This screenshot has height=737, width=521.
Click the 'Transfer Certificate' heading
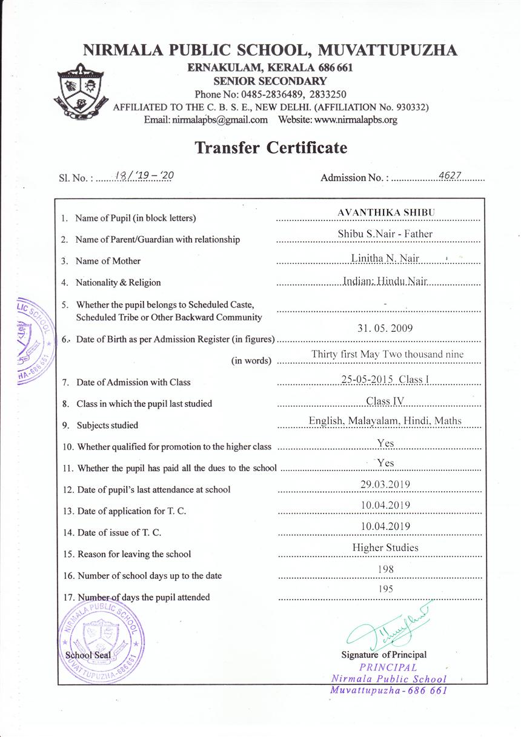pyautogui.click(x=271, y=148)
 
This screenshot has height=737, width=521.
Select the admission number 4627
pyautogui.click(x=450, y=176)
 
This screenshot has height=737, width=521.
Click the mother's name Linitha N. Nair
pyautogui.click(x=385, y=259)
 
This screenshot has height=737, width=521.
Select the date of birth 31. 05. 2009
pyautogui.click(x=385, y=328)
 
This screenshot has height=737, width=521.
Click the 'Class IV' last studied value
pyautogui.click(x=385, y=401)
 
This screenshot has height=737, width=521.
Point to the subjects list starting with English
pyautogui.click(x=385, y=421)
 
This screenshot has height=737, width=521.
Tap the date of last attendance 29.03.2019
pyautogui.click(x=385, y=484)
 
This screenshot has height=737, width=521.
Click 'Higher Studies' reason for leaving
pyautogui.click(x=385, y=548)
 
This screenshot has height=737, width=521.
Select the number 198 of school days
pyautogui.click(x=385, y=569)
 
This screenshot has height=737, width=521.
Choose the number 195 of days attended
pyautogui.click(x=385, y=589)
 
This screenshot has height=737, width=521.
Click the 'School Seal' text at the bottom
pyautogui.click(x=88, y=655)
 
